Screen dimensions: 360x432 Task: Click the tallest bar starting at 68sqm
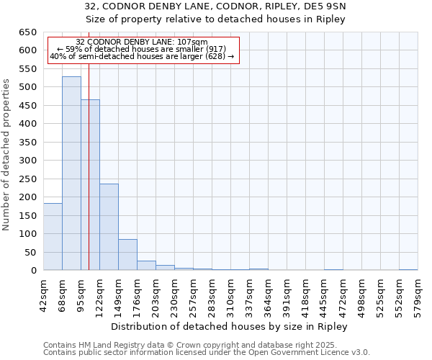coord(71,173)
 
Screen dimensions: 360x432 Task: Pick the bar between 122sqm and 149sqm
coord(109,227)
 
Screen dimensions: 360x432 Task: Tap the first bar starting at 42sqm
coord(53,237)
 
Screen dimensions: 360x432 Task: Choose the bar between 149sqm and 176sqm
coord(127,255)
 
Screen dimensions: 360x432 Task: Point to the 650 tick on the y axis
coord(27,32)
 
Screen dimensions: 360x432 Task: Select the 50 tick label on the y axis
coord(30,253)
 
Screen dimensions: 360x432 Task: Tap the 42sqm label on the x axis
coord(44,292)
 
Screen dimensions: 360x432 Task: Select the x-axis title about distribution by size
coord(230,326)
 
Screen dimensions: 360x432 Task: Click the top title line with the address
coord(215,6)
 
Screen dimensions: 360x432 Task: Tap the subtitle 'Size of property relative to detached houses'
coord(215,19)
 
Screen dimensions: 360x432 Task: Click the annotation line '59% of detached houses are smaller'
coord(142,49)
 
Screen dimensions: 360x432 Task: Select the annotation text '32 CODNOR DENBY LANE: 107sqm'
coord(142,42)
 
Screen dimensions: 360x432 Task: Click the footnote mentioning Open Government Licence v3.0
coord(207,352)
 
